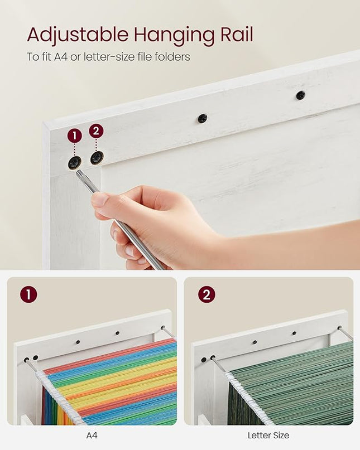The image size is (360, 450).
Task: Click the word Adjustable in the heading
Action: tap(78, 35)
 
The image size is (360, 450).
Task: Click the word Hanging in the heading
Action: tap(175, 36)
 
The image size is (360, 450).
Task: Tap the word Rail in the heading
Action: tap(237, 34)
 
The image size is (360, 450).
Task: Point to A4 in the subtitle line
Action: tap(61, 56)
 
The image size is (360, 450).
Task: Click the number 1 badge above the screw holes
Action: tap(75, 136)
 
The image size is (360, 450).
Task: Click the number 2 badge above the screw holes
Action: tap(96, 131)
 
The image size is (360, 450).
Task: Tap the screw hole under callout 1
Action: tap(74, 163)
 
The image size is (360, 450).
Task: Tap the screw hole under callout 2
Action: tap(97, 158)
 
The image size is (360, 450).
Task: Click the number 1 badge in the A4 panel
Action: tap(28, 294)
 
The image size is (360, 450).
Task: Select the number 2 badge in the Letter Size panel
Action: tap(207, 294)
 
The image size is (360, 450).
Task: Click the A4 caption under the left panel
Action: tap(92, 436)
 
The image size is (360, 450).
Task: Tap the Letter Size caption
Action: tap(268, 436)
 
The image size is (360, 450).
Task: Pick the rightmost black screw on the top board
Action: tap(300, 95)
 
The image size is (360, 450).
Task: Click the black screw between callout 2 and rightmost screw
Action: tap(203, 118)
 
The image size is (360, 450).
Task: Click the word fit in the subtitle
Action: tap(46, 56)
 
